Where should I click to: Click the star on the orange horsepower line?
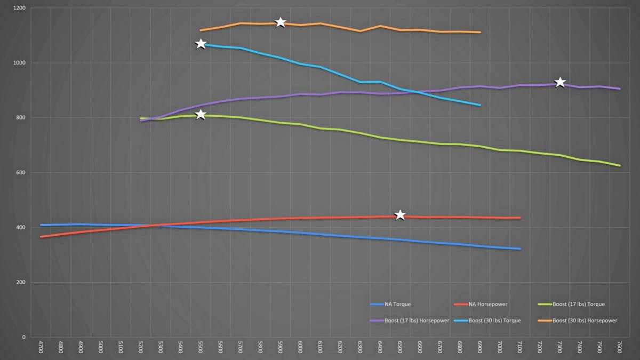(281, 22)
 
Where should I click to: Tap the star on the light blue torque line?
(201, 44)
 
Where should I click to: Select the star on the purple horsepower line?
(560, 82)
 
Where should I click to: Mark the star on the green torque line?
(201, 115)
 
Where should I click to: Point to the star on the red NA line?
(400, 215)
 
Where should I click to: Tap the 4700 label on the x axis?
(41, 348)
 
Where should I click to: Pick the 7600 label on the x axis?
(620, 348)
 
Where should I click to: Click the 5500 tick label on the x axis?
(201, 348)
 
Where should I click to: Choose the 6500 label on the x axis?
(400, 348)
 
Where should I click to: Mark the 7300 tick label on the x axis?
(560, 348)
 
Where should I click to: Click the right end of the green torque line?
(620, 166)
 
